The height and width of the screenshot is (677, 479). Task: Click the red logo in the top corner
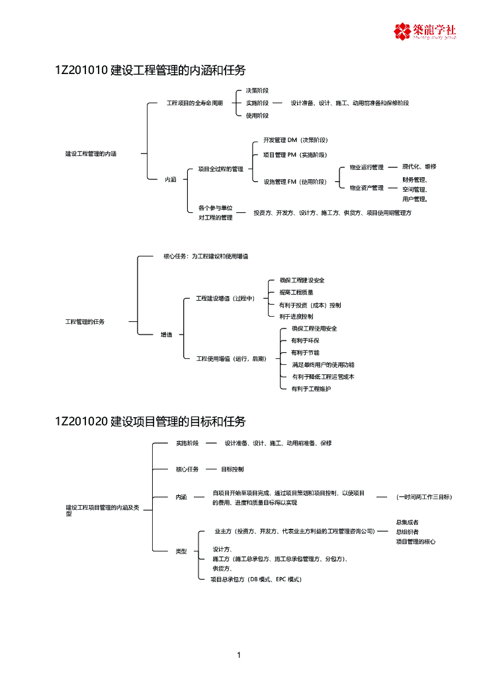[425, 30]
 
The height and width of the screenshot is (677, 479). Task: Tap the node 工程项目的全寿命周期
[195, 103]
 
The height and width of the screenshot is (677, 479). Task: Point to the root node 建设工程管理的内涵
[91, 153]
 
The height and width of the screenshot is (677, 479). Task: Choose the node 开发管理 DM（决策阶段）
[295, 140]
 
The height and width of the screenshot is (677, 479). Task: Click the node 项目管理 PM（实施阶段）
[294, 155]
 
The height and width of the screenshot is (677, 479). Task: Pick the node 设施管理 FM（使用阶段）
[294, 181]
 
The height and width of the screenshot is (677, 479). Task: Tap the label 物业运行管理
[367, 167]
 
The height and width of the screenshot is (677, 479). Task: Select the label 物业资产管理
[367, 188]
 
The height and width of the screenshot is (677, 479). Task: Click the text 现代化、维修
[419, 167]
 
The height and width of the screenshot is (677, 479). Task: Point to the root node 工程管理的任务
[85, 322]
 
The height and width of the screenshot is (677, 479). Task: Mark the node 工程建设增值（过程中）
[225, 299]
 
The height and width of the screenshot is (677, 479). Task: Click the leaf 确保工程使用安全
[314, 329]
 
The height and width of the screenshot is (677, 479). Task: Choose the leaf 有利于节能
[305, 352]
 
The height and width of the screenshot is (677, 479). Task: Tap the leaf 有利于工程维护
[311, 389]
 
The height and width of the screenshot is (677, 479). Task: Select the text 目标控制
[232, 469]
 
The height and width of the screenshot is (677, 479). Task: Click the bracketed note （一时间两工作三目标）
[424, 497]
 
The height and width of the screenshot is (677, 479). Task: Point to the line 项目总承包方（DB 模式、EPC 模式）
[256, 579]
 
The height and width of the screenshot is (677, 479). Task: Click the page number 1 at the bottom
[239, 655]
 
